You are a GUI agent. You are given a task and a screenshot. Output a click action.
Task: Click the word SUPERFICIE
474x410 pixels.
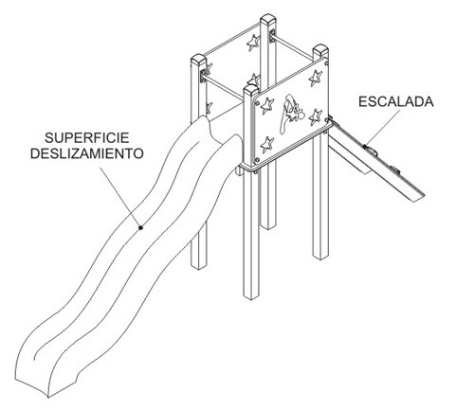(x=87, y=138)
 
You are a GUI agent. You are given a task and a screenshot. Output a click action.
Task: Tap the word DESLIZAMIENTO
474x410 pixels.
(x=87, y=153)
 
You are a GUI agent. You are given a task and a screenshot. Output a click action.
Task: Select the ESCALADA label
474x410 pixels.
(x=396, y=101)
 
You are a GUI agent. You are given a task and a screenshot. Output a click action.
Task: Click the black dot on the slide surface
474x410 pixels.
(x=141, y=227)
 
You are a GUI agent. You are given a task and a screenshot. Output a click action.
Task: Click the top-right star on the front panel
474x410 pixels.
(x=316, y=78)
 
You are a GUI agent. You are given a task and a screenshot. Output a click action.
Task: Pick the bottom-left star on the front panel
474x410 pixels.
(x=267, y=145)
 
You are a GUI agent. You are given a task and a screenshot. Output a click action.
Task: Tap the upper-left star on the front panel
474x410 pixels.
(x=267, y=105)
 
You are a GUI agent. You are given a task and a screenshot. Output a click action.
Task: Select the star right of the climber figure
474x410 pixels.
(x=315, y=116)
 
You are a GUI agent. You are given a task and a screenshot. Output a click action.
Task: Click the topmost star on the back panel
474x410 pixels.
(x=253, y=43)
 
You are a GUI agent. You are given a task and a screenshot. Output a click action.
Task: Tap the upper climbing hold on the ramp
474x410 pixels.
(x=372, y=150)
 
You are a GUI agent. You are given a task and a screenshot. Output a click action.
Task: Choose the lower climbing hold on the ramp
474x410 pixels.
(x=394, y=169)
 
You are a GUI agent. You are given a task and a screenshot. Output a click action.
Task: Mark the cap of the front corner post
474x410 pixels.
(x=251, y=90)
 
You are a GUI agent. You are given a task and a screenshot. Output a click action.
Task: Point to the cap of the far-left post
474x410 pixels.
(x=199, y=60)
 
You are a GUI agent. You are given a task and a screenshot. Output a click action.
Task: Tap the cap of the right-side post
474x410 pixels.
(x=320, y=50)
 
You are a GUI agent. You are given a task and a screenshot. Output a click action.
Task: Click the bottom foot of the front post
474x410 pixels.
(x=251, y=295)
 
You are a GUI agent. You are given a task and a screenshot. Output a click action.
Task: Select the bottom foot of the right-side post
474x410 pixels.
(x=320, y=257)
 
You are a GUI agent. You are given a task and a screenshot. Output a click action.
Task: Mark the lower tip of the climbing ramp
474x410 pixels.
(x=418, y=198)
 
